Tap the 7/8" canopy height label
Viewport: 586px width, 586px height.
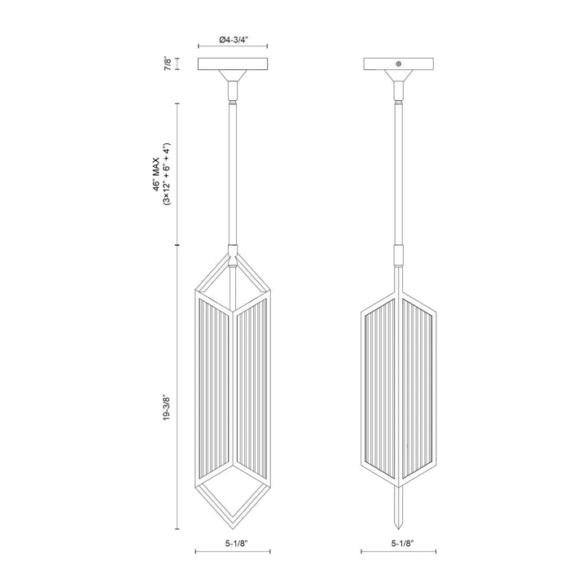168,63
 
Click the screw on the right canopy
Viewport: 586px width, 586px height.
398,63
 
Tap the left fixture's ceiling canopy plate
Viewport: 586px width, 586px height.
234,63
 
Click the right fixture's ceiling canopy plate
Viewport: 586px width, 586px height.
398,63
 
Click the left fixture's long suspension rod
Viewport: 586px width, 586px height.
234,171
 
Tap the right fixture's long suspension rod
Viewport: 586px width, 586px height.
399,171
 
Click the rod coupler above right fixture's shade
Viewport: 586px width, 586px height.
399,255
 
